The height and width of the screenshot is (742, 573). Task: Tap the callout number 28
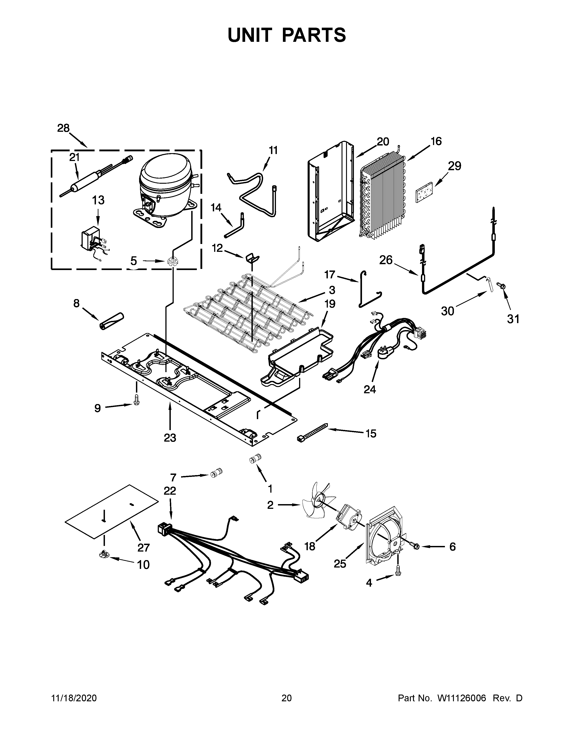[x=63, y=128]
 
